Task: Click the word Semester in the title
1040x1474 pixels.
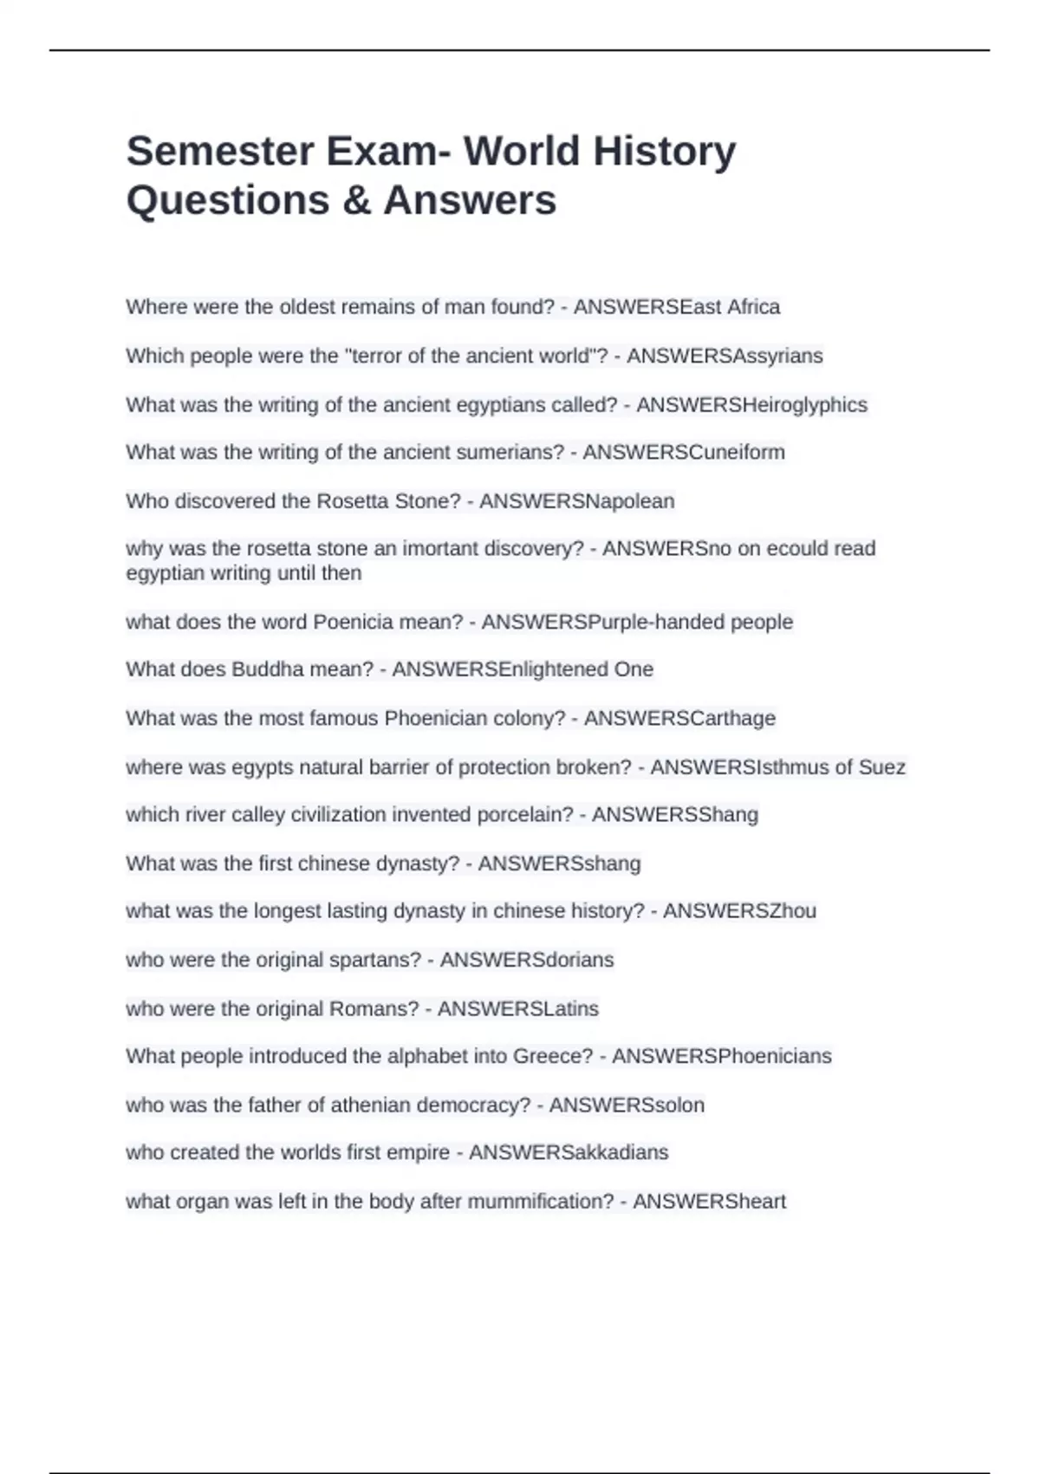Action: (x=219, y=152)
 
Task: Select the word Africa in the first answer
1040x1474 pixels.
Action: (x=753, y=307)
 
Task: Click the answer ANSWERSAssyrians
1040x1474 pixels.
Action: (x=725, y=356)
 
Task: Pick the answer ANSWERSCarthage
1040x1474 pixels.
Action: (x=679, y=719)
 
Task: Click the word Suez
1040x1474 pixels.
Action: (x=881, y=767)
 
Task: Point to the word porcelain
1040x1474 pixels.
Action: (x=530, y=815)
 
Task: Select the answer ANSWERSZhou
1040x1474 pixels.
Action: (x=739, y=911)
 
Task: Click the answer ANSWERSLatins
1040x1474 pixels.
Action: (x=517, y=1009)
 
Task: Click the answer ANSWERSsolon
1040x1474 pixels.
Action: (x=627, y=1105)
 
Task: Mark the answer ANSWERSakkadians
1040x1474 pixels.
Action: (x=569, y=1153)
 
